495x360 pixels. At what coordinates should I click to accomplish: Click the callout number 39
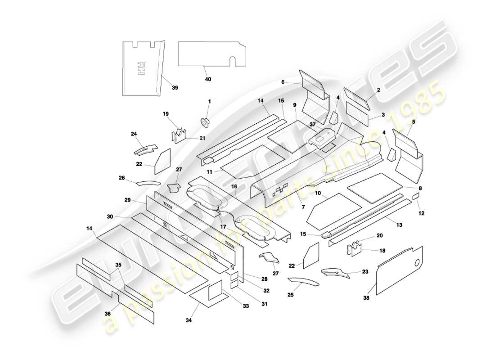(x=175, y=88)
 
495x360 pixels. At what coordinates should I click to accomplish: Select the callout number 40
(x=208, y=79)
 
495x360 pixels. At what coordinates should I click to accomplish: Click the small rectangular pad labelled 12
(x=416, y=197)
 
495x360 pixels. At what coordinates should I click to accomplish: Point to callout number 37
(x=312, y=123)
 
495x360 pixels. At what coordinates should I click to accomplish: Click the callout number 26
(x=121, y=178)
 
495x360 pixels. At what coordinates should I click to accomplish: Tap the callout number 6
(x=283, y=82)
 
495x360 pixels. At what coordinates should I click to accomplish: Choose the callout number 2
(x=378, y=90)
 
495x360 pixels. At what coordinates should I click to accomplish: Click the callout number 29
(x=127, y=199)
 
